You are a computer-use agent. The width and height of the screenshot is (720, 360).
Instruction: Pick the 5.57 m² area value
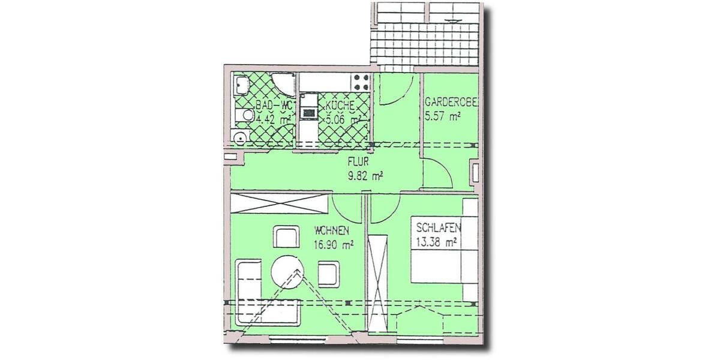(442, 116)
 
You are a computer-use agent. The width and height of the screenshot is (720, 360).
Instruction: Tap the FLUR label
(360, 161)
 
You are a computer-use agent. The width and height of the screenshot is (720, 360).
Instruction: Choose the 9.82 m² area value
(365, 176)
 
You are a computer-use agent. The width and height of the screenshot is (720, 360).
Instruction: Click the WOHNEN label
(331, 230)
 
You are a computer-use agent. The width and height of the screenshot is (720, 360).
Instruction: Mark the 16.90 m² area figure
(333, 244)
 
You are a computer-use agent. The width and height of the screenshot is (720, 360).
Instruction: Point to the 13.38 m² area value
(436, 242)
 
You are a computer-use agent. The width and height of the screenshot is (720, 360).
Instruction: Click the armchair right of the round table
(329, 274)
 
